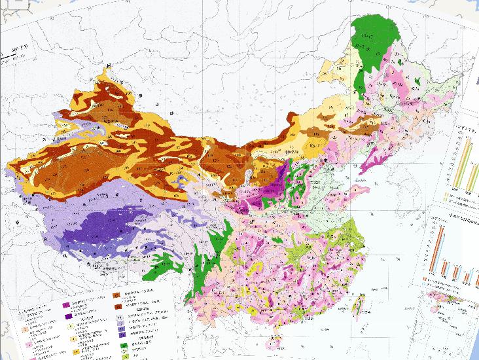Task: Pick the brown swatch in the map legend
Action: click(x=118, y=305)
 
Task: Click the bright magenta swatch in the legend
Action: click(x=66, y=305)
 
